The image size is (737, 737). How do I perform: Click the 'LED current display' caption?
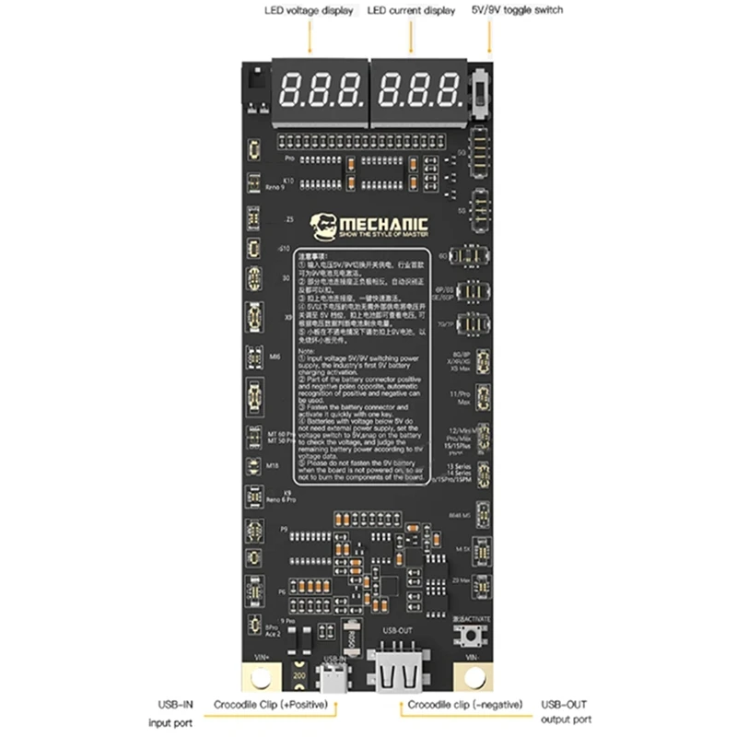(x=411, y=10)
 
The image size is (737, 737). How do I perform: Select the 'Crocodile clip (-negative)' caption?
(x=460, y=704)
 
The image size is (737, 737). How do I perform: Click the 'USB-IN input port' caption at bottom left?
(x=172, y=711)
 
